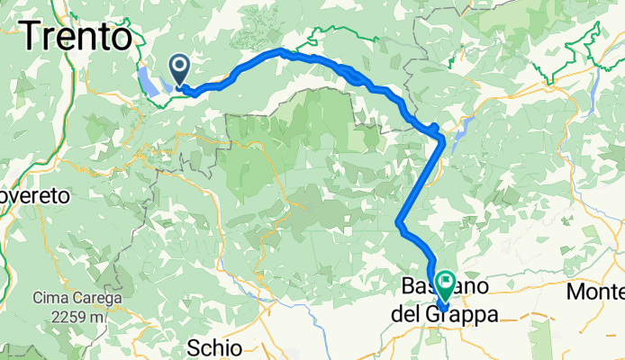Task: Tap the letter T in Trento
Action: point(30,37)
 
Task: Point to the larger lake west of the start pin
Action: point(146,80)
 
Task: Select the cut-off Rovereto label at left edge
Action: point(32,195)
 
